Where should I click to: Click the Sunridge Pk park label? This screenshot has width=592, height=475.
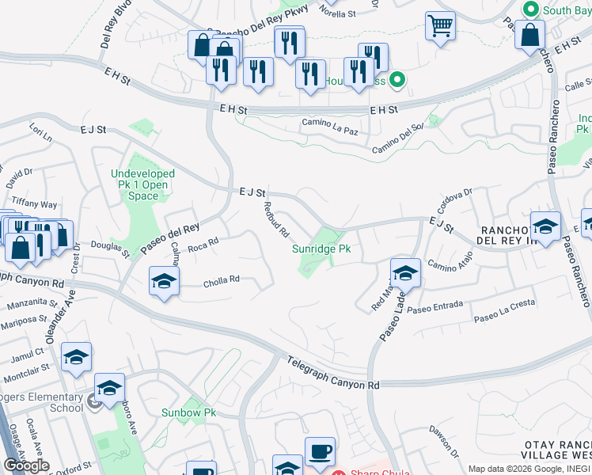(x=321, y=249)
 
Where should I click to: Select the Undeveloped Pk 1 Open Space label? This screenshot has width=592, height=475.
(x=143, y=184)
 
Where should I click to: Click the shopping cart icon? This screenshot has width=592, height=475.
(x=440, y=25)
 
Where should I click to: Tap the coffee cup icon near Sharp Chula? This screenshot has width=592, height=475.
(x=320, y=451)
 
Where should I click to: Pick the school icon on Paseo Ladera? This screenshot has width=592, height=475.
(x=404, y=273)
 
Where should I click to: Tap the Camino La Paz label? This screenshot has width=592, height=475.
(x=331, y=123)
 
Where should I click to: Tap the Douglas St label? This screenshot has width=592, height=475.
(x=110, y=249)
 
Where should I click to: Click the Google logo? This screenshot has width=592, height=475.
(x=27, y=465)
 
